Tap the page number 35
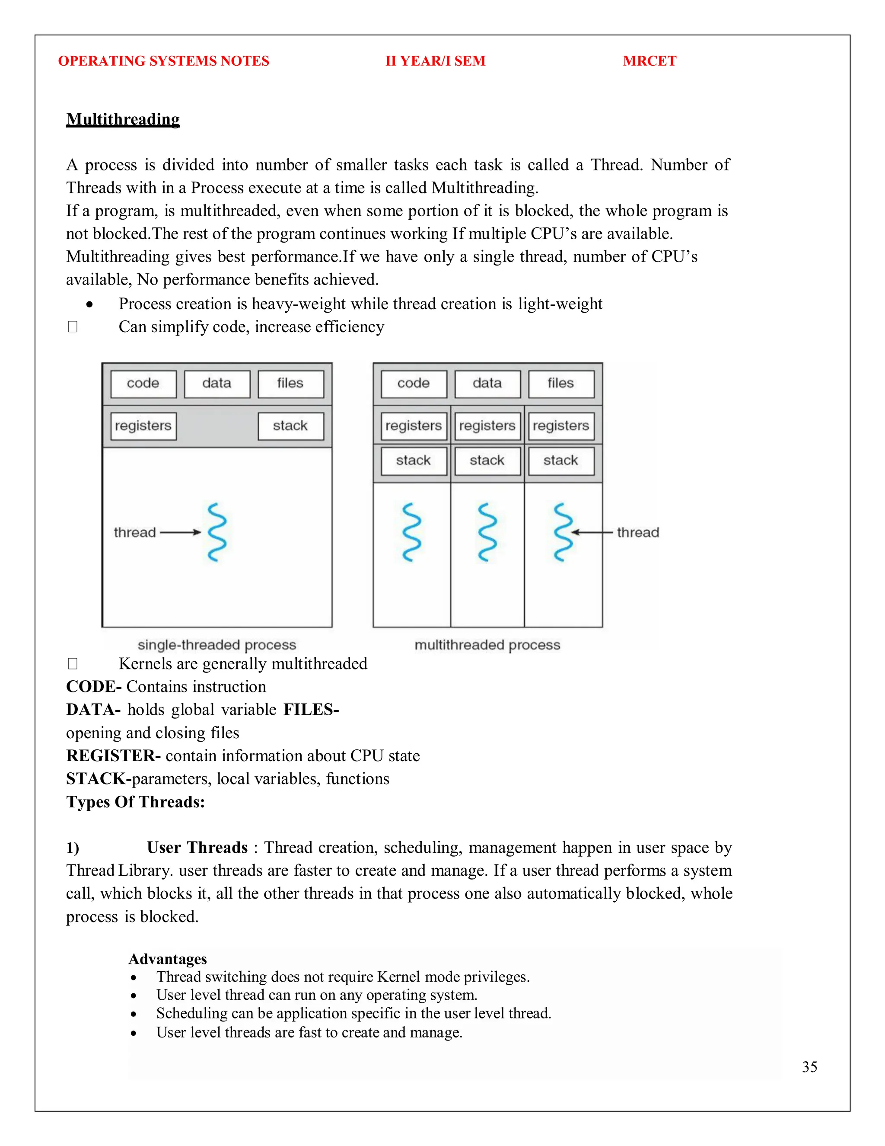pos(809,1067)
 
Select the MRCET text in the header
pos(649,61)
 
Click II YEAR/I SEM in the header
pos(435,61)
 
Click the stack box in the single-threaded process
pos(290,426)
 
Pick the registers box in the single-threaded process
pos(143,426)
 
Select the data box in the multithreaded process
pos(487,384)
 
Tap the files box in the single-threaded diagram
pos(290,384)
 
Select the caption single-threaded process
pos(216,644)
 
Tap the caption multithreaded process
pos(487,644)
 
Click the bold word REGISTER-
pos(113,755)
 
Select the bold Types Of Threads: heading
pos(135,802)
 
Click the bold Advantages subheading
pos(168,959)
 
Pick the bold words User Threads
pos(197,848)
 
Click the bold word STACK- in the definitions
pos(99,779)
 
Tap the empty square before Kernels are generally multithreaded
pos(73,664)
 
